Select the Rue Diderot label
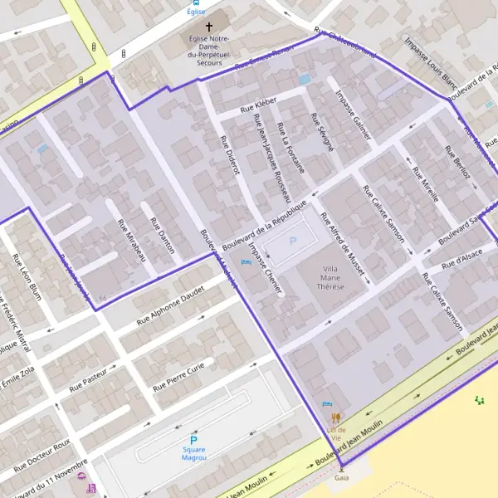click(x=230, y=154)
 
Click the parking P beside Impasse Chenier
click(x=291, y=242)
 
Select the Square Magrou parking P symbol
click(x=194, y=440)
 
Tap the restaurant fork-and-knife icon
click(x=335, y=418)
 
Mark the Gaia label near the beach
click(x=341, y=478)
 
